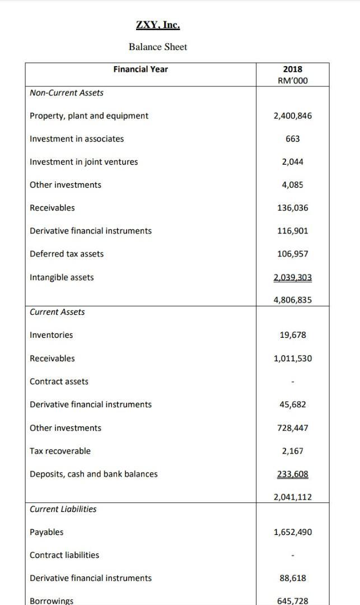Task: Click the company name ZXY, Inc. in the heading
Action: pyautogui.click(x=158, y=25)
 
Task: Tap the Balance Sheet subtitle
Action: pyautogui.click(x=158, y=47)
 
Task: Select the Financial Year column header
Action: pyautogui.click(x=141, y=69)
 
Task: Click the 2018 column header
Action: pyautogui.click(x=292, y=69)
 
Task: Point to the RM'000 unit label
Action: pyautogui.click(x=292, y=81)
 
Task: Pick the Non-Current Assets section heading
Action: pyautogui.click(x=67, y=93)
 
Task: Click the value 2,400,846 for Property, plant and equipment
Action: pyautogui.click(x=292, y=116)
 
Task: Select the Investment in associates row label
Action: pyautogui.click(x=77, y=139)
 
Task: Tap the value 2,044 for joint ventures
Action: pyautogui.click(x=292, y=162)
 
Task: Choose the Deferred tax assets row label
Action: pyautogui.click(x=67, y=254)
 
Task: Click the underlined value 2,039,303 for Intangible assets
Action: pyautogui.click(x=292, y=277)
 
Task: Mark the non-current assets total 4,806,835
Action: pyautogui.click(x=292, y=300)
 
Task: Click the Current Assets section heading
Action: pyautogui.click(x=57, y=312)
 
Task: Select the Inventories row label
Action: pyautogui.click(x=51, y=335)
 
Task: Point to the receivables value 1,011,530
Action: pyautogui.click(x=292, y=359)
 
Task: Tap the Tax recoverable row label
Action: pyautogui.click(x=60, y=451)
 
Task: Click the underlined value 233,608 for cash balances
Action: pyautogui.click(x=292, y=474)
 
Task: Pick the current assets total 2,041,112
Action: pyautogui.click(x=292, y=497)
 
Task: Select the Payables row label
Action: pyautogui.click(x=46, y=532)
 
